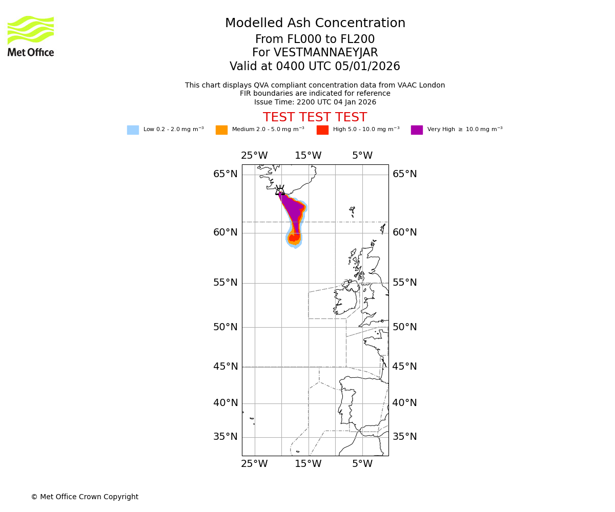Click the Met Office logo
point(31,36)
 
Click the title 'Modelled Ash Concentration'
point(315,23)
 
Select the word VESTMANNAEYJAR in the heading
point(326,53)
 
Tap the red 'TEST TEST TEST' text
point(315,117)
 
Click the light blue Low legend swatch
point(133,130)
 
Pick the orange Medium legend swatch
point(221,130)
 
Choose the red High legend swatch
point(322,130)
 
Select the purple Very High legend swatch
point(417,130)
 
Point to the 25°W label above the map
point(254,156)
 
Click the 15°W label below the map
point(308,464)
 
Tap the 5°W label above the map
point(362,156)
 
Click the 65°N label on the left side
point(225,174)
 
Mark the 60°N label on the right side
point(405,232)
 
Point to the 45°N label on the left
point(225,367)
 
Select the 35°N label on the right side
point(405,437)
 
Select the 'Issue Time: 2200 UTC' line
point(315,102)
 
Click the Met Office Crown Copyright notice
point(85,497)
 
